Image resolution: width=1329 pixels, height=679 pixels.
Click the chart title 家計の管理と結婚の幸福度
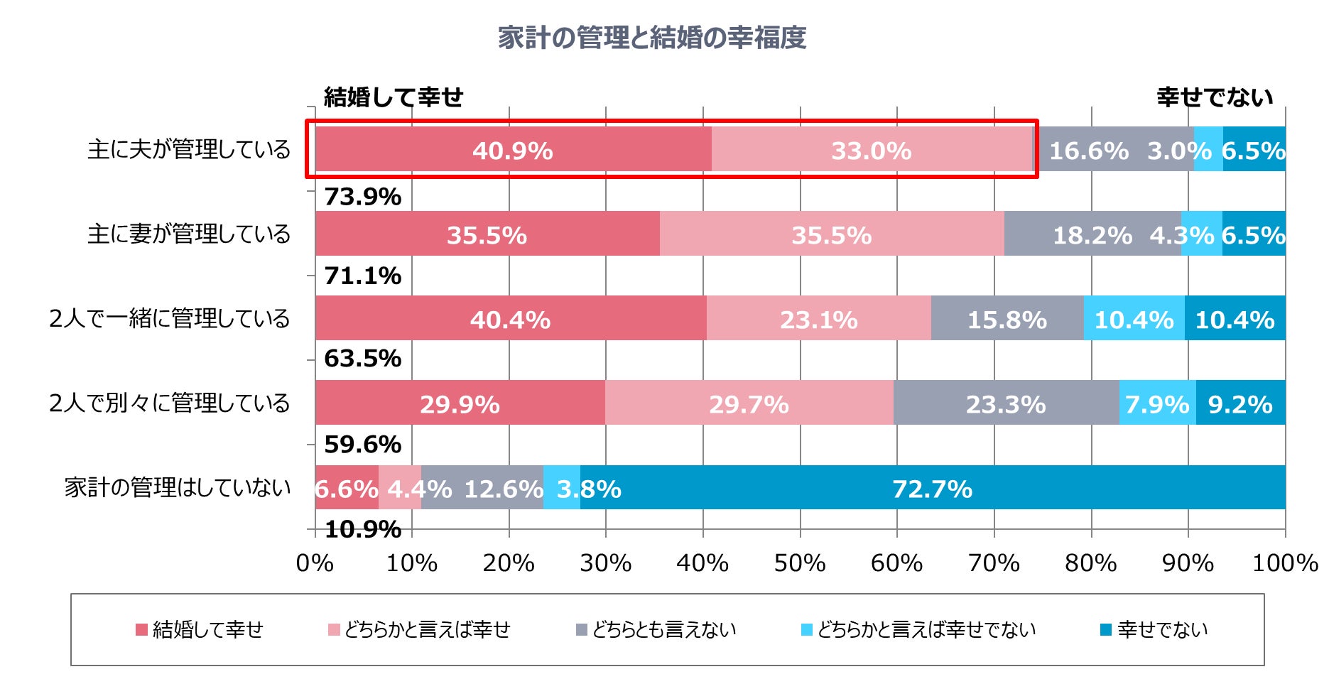click(x=651, y=38)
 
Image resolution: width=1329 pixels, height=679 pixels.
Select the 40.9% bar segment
click(x=513, y=150)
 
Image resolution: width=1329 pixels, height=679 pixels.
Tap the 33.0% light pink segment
click(x=872, y=150)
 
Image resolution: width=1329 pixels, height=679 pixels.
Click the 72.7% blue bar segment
click(x=932, y=488)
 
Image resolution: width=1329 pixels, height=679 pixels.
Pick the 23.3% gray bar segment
click(x=1006, y=403)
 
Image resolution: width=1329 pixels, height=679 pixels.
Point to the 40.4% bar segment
click(x=510, y=319)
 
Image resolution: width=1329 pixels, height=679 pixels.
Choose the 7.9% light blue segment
click(x=1157, y=403)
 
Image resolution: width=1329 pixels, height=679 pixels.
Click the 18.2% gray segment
click(x=1092, y=234)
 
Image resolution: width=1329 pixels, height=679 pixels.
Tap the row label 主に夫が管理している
click(x=189, y=149)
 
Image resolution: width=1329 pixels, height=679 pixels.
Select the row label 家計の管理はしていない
click(x=178, y=487)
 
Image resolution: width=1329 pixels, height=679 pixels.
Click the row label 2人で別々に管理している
click(x=169, y=403)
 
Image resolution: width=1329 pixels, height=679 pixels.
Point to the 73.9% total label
click(x=362, y=196)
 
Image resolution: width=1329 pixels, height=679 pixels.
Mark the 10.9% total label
click(x=362, y=528)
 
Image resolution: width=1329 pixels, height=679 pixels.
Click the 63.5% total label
click(x=362, y=358)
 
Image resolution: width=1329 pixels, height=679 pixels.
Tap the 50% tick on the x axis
click(x=800, y=563)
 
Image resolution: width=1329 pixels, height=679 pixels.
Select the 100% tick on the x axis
click(x=1284, y=563)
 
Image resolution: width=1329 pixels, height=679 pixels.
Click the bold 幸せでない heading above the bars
click(x=1214, y=97)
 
